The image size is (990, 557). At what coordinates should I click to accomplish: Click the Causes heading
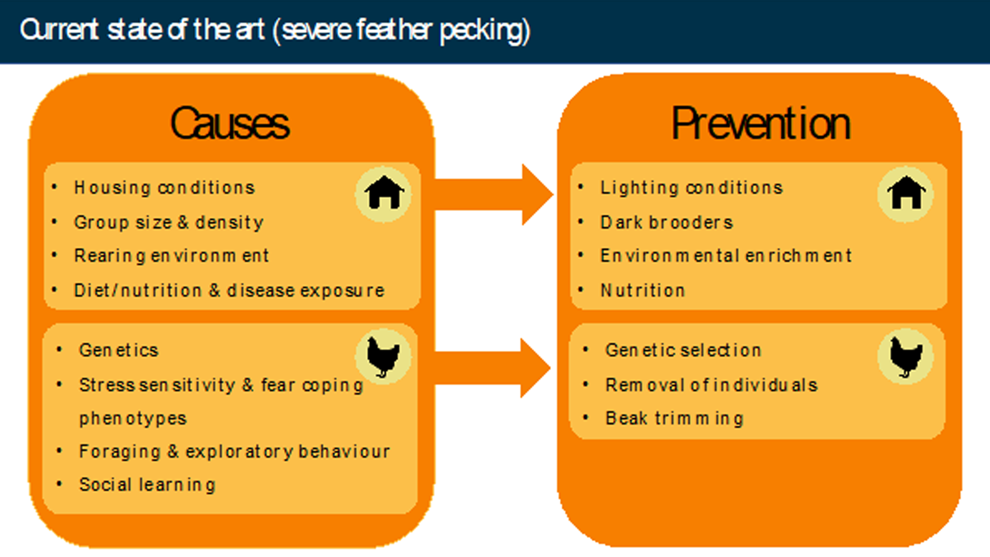[230, 123]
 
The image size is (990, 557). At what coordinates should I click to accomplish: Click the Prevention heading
[760, 123]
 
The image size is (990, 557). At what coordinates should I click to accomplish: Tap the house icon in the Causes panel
[384, 193]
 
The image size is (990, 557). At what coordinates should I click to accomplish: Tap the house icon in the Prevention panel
[906, 193]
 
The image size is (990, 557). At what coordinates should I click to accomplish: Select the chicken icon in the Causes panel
[383, 356]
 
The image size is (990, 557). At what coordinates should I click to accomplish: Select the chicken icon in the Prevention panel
[906, 356]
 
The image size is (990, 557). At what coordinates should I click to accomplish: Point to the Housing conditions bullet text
[165, 188]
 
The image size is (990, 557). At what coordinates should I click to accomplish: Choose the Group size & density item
[169, 223]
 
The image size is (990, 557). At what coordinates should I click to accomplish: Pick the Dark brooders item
[667, 223]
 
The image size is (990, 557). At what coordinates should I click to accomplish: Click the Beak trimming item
[674, 418]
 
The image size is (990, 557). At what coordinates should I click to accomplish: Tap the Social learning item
[147, 485]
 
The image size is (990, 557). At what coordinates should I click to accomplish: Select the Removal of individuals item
[711, 385]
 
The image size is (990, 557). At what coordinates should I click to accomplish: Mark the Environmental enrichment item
[726, 256]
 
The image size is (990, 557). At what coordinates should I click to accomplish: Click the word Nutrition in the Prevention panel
[643, 291]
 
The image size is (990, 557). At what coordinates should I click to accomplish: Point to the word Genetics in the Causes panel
[119, 350]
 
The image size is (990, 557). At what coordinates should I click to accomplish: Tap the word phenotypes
[133, 418]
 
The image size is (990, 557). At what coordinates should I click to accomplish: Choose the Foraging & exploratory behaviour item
[234, 452]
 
